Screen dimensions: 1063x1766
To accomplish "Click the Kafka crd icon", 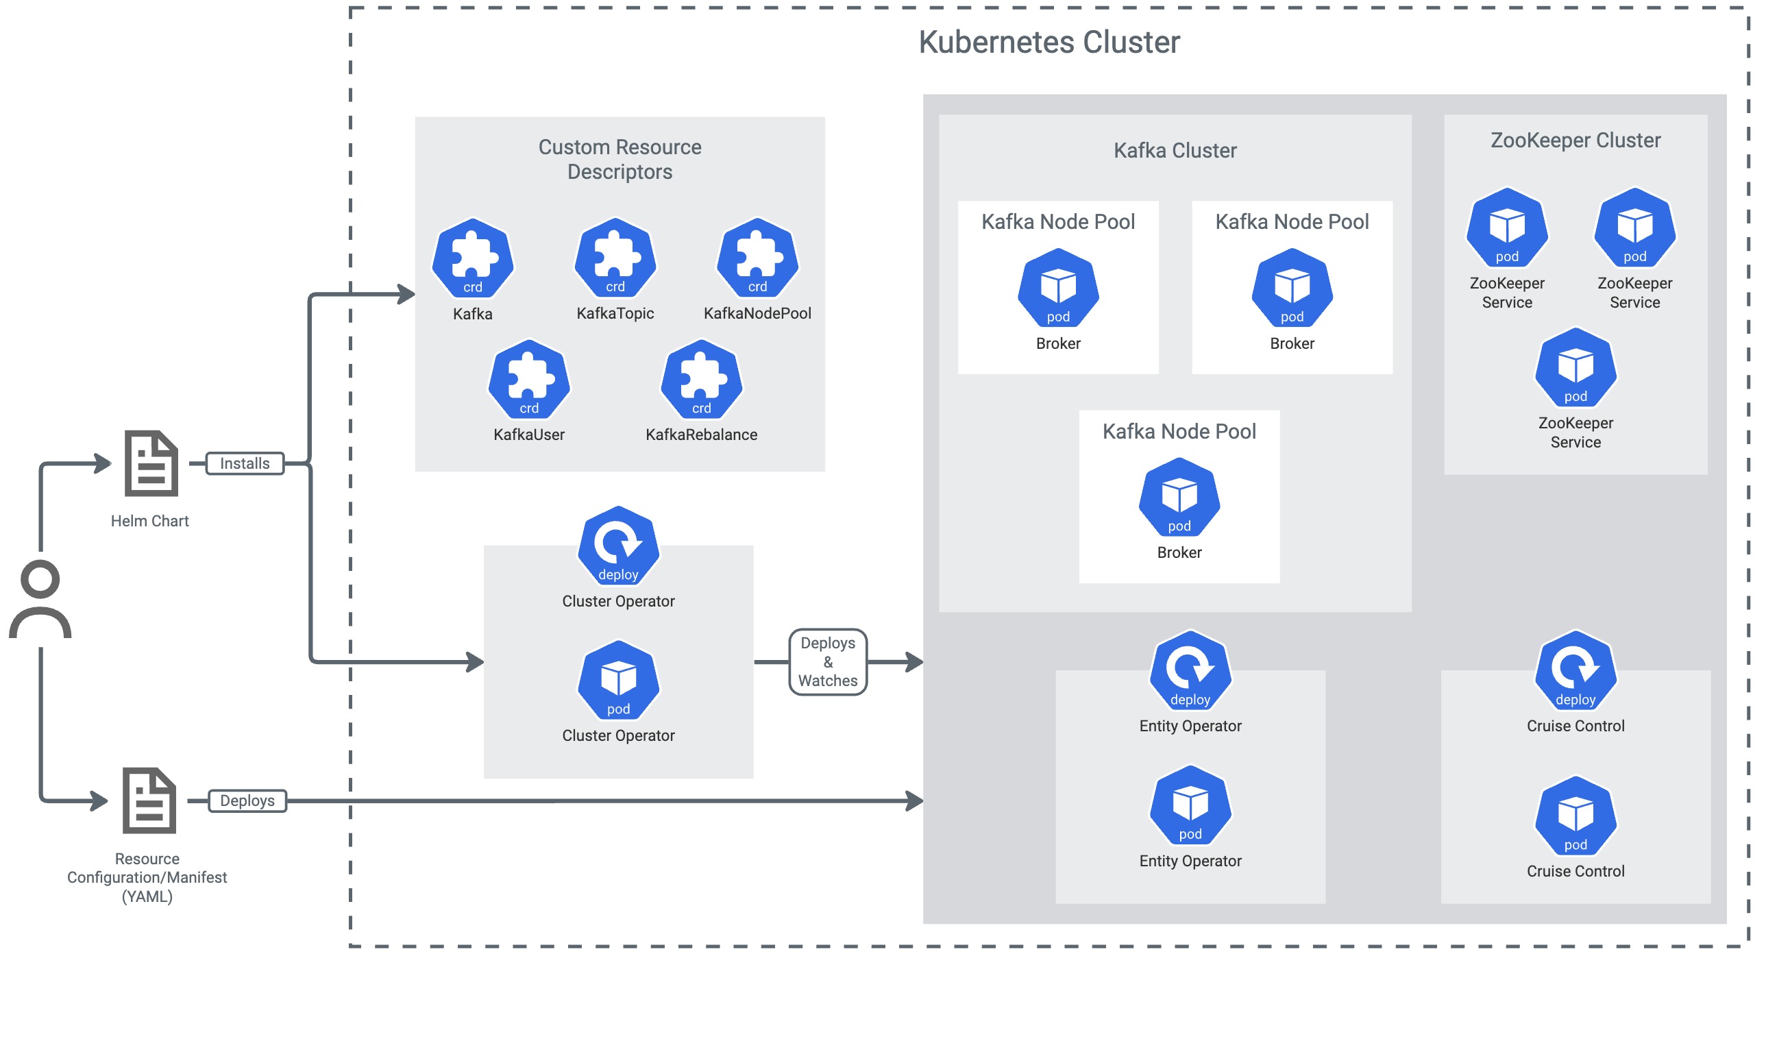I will click(x=472, y=258).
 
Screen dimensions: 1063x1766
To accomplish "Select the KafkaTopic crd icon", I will click(x=615, y=258).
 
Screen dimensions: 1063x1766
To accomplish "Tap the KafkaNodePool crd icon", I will click(x=757, y=258).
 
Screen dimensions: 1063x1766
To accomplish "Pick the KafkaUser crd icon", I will click(x=528, y=380).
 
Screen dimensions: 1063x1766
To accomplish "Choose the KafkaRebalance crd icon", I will click(x=701, y=380).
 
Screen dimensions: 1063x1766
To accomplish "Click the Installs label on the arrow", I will click(x=244, y=463).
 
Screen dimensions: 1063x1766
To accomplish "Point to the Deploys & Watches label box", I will click(x=827, y=662).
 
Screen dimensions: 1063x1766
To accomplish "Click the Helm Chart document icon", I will click(x=150, y=463).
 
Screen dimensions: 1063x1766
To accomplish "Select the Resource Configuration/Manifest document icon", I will click(x=149, y=801).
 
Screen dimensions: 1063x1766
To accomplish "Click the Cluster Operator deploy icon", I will click(x=618, y=546).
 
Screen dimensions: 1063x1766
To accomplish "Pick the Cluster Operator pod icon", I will click(x=618, y=681).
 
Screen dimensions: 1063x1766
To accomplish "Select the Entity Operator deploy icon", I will click(x=1190, y=671).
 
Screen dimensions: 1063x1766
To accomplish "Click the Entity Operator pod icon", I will click(x=1190, y=806).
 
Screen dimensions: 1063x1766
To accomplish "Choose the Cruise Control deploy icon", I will click(x=1575, y=671).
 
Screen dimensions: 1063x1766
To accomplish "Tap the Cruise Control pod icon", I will click(x=1575, y=816).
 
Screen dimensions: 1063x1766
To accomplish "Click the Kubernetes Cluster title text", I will click(x=1048, y=42).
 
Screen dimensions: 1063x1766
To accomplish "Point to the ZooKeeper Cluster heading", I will click(x=1575, y=140).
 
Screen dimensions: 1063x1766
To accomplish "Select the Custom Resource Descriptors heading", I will click(x=620, y=159).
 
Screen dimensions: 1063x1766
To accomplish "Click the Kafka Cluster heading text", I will click(x=1175, y=150).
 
